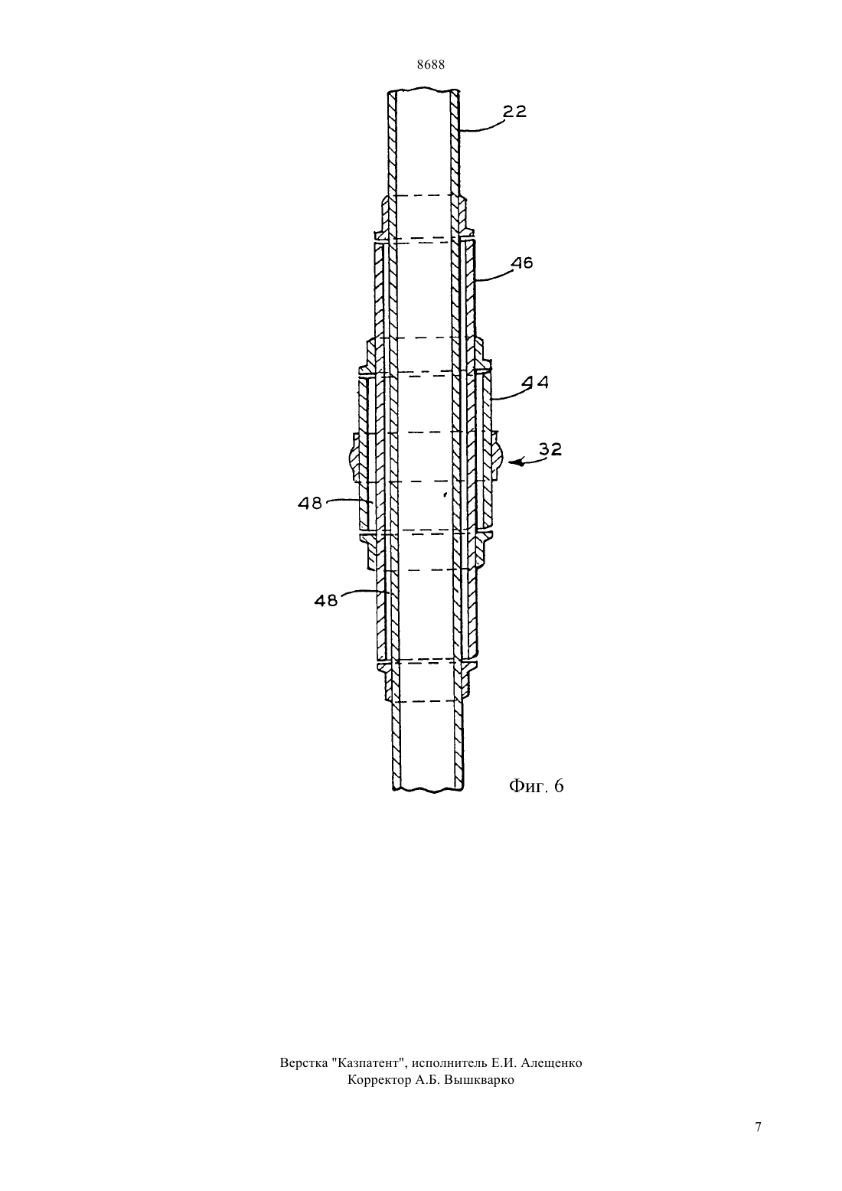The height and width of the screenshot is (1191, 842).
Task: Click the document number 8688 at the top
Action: (x=430, y=65)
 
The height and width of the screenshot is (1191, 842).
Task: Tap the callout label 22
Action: (x=514, y=111)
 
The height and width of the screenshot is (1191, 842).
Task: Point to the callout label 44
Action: (x=535, y=382)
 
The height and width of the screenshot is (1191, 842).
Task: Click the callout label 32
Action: (x=550, y=450)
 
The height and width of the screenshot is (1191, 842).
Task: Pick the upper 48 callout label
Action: (x=310, y=503)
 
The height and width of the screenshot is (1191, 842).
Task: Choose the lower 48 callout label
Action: (x=325, y=600)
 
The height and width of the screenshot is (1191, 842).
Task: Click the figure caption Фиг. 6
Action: (x=536, y=786)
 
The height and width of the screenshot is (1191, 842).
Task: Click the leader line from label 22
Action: (x=481, y=128)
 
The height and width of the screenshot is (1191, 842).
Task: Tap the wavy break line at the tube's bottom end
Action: (x=429, y=790)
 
